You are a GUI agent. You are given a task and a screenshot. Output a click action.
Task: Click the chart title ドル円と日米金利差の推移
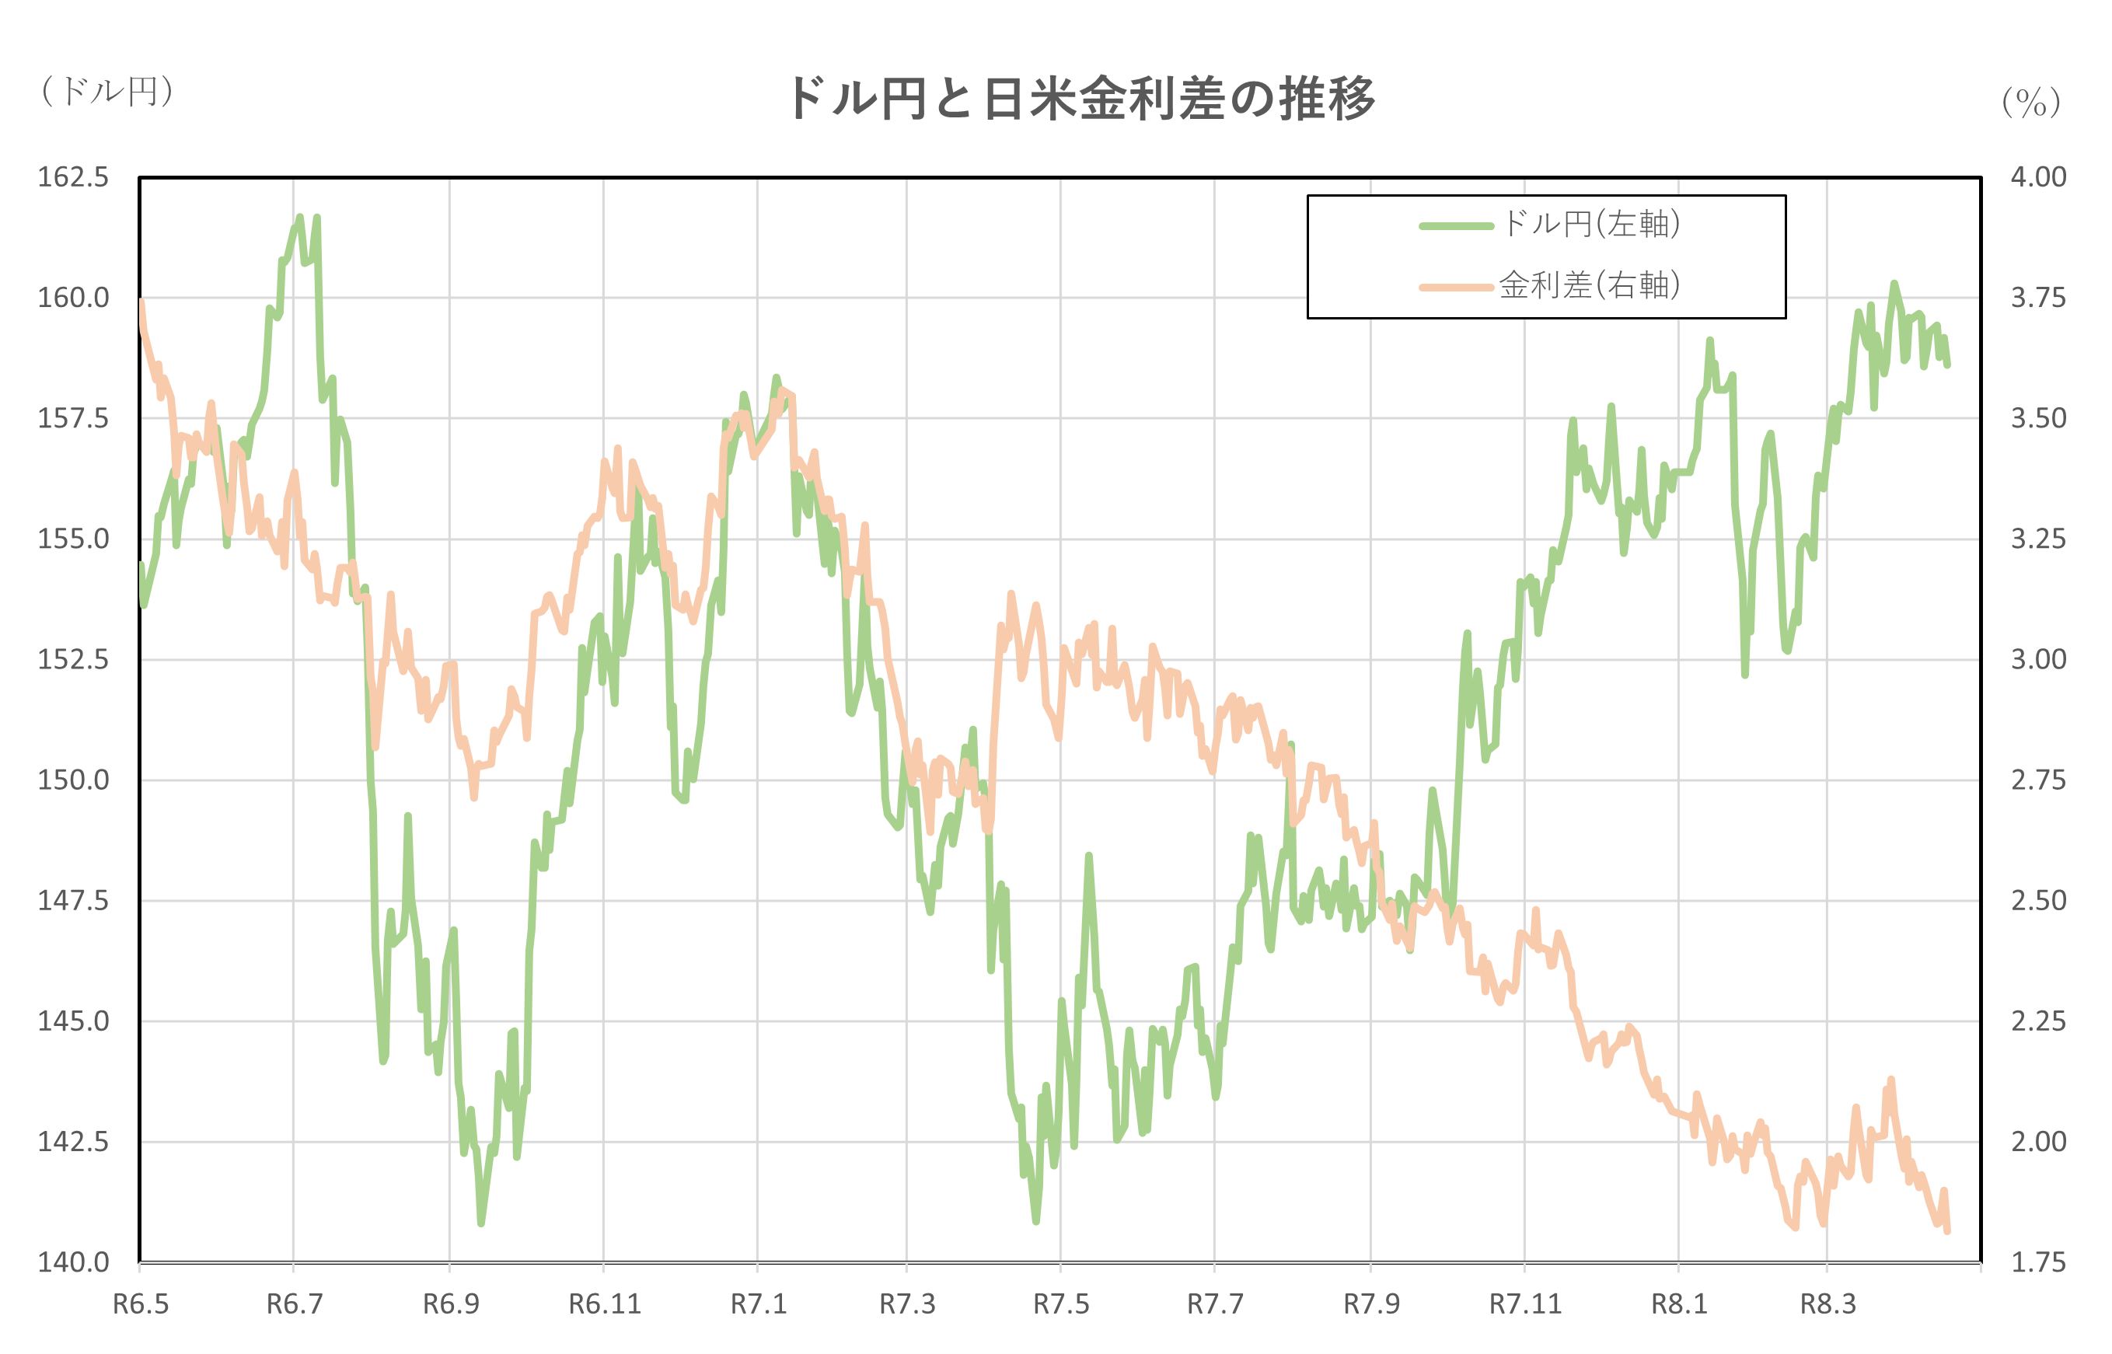[x=1080, y=99]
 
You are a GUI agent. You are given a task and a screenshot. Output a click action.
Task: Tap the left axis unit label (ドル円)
[x=107, y=91]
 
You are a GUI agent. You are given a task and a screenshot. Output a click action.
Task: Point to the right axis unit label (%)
[x=2031, y=103]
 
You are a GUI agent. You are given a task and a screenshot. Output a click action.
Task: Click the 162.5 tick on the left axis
[x=73, y=176]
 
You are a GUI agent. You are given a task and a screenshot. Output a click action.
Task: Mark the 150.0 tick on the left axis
[x=73, y=780]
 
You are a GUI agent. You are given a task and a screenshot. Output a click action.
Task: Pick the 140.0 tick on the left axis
[x=73, y=1262]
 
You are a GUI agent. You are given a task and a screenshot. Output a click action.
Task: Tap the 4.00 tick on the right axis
[x=2038, y=176]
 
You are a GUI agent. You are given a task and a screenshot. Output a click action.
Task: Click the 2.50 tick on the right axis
[x=2038, y=900]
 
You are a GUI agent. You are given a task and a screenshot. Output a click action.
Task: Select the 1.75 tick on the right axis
[x=2038, y=1262]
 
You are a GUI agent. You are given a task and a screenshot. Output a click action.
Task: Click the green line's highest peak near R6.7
[x=300, y=216]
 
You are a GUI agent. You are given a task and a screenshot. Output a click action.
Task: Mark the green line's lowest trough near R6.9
[x=481, y=1223]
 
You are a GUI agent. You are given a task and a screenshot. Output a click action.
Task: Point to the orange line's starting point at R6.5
[x=141, y=302]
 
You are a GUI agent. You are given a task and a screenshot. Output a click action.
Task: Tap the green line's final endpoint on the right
[x=1947, y=365]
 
